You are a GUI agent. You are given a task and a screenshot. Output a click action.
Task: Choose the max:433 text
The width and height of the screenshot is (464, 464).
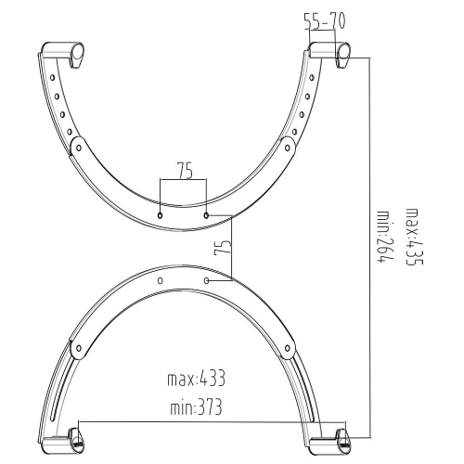coord(196,379)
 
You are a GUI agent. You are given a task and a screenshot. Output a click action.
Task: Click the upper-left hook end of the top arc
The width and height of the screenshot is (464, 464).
coord(65,50)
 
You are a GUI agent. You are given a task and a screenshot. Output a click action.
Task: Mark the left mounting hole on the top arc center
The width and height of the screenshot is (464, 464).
coord(161,214)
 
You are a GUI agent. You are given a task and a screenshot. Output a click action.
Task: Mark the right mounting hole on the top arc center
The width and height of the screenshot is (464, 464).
coord(205,214)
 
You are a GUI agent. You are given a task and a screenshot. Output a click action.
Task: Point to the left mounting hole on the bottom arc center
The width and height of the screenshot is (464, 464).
coord(161,278)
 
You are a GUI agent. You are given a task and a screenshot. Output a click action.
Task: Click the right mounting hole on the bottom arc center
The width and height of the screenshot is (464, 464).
coord(205,278)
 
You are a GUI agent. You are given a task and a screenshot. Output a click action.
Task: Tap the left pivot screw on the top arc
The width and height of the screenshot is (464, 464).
coord(77,146)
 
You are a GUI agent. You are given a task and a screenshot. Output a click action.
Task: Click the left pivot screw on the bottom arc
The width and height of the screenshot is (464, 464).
coord(79,349)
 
